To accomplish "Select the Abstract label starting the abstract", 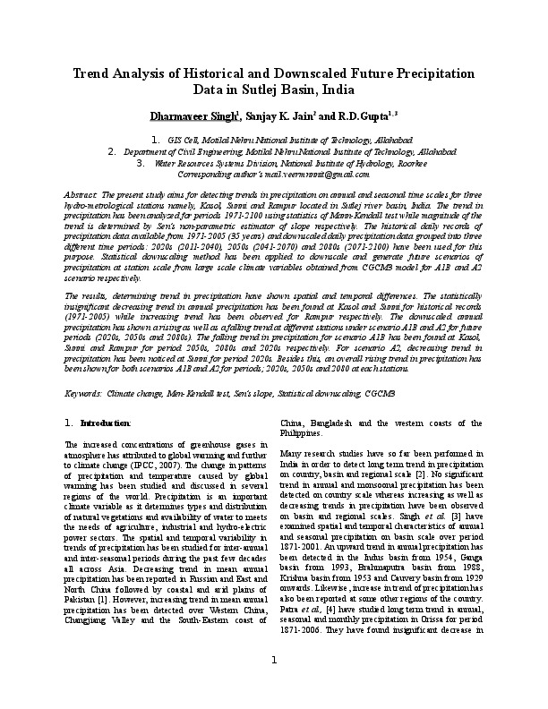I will (81, 194).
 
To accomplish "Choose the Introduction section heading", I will (106, 422).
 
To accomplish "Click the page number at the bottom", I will (274, 686).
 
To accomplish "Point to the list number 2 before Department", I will (135, 152).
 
